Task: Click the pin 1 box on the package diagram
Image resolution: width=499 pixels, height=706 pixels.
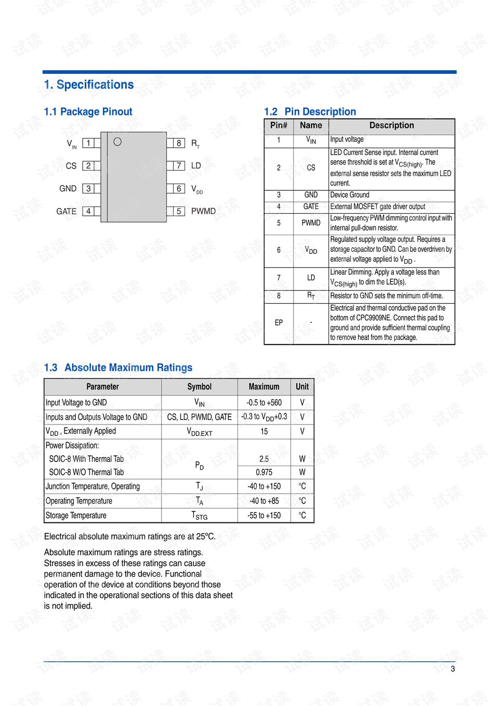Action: pyautogui.click(x=88, y=143)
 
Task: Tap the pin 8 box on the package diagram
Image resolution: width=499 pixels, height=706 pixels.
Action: pyautogui.click(x=179, y=143)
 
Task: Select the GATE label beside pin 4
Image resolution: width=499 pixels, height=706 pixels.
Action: pyautogui.click(x=66, y=211)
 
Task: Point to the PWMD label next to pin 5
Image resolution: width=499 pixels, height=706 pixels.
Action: pyautogui.click(x=203, y=211)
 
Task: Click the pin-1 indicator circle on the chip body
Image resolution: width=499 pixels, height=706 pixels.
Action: pyautogui.click(x=117, y=142)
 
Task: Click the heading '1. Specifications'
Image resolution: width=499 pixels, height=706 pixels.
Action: pyautogui.click(x=89, y=85)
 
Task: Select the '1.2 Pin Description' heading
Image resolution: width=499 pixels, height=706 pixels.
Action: pyautogui.click(x=310, y=112)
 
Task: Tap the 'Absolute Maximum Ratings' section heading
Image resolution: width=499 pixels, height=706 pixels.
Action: pyautogui.click(x=128, y=368)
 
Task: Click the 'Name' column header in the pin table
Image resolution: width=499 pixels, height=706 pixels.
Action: pyautogui.click(x=311, y=125)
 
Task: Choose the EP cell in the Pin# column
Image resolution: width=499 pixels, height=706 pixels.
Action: pyautogui.click(x=279, y=323)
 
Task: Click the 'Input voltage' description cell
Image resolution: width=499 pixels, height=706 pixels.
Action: pyautogui.click(x=347, y=139)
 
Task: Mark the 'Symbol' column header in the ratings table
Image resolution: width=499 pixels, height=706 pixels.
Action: pyautogui.click(x=200, y=387)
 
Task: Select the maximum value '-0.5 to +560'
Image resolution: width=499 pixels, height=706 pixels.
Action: pyautogui.click(x=264, y=403)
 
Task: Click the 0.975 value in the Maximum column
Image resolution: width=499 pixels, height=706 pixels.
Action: pyautogui.click(x=264, y=472)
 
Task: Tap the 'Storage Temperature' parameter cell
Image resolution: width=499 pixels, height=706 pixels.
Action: pyautogui.click(x=76, y=516)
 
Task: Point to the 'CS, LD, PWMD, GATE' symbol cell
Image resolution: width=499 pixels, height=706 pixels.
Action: pyautogui.click(x=200, y=417)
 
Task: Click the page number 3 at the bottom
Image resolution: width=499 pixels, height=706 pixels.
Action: pyautogui.click(x=453, y=669)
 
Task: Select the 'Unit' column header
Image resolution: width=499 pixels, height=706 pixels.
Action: pyautogui.click(x=302, y=387)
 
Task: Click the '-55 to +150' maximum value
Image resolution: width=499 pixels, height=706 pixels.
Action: pyautogui.click(x=264, y=516)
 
